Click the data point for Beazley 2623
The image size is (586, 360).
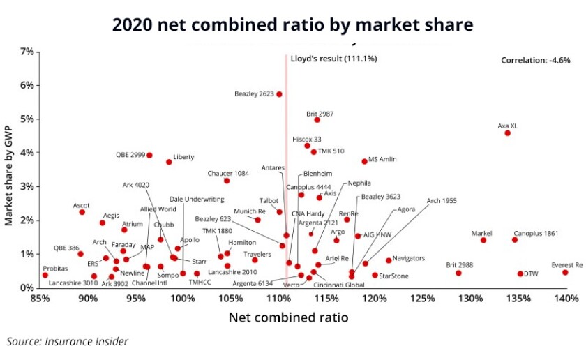click(x=279, y=94)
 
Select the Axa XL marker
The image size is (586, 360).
click(x=507, y=133)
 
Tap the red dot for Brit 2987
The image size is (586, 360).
click(x=317, y=120)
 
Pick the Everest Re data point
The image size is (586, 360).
click(x=565, y=273)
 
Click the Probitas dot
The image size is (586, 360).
click(x=45, y=275)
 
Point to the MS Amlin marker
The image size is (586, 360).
click(x=364, y=161)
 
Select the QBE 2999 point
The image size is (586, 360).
click(x=149, y=155)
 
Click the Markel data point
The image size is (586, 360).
click(x=483, y=240)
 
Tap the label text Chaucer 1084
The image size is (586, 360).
click(x=228, y=173)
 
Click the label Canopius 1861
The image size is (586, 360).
click(x=536, y=233)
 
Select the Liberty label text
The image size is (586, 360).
click(x=183, y=157)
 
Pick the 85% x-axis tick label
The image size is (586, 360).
click(x=40, y=299)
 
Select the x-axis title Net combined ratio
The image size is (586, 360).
click(x=288, y=317)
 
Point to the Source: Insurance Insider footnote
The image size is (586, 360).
click(x=68, y=342)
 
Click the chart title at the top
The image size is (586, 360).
click(x=293, y=24)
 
